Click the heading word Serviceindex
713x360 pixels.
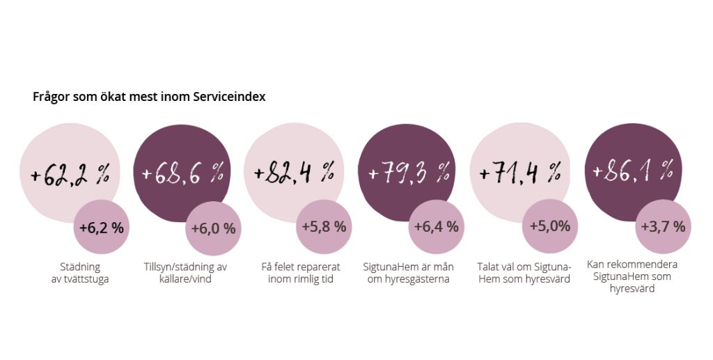[230, 97]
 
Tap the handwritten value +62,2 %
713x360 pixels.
[70, 174]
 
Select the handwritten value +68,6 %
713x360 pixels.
[183, 173]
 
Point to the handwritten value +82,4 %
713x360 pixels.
[295, 173]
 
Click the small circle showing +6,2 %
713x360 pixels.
[101, 227]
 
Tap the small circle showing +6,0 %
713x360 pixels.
[213, 228]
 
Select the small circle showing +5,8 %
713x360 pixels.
[324, 226]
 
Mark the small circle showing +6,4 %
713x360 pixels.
[436, 226]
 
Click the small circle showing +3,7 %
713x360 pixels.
[663, 226]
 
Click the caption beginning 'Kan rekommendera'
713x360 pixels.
[632, 276]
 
